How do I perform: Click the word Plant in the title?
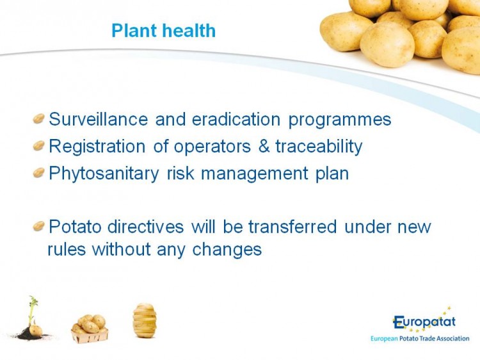[x=134, y=30]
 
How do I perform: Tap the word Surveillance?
[x=99, y=119]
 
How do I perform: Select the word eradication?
[x=236, y=119]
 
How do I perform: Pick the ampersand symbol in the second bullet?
[x=264, y=146]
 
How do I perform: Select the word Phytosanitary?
[x=104, y=174]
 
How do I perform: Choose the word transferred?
[x=292, y=226]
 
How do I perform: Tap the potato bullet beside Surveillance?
[x=39, y=119]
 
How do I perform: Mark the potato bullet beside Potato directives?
[x=39, y=226]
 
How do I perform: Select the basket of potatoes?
[x=90, y=329]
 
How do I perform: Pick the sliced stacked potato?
[x=145, y=320]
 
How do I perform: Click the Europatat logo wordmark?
[x=424, y=322]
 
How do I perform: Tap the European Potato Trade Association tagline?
[x=420, y=339]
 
